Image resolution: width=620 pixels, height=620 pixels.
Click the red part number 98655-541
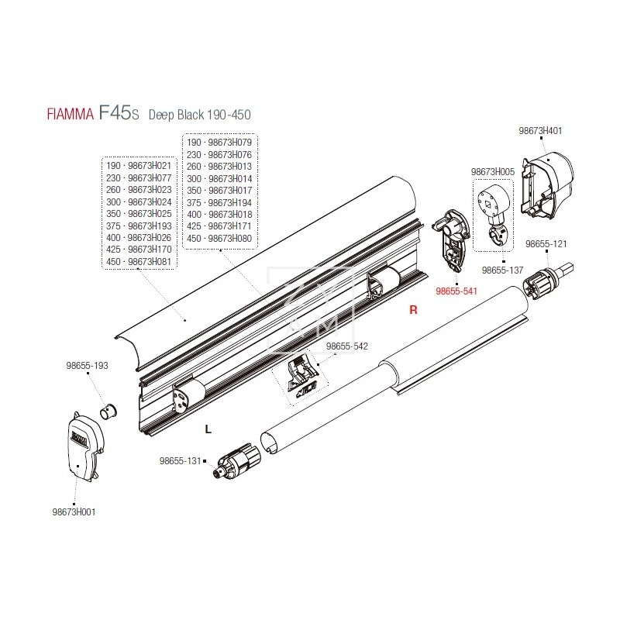coord(458,292)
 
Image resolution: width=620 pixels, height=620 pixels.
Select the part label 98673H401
coord(540,131)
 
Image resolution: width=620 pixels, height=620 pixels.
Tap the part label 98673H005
coord(493,170)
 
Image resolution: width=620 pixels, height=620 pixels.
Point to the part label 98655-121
coord(546,243)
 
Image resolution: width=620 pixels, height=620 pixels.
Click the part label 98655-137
coord(503,270)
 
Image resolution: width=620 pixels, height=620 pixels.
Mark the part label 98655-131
coord(181,460)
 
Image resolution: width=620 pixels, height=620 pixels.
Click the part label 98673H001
coord(74,511)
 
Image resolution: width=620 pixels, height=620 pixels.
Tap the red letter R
coord(413,309)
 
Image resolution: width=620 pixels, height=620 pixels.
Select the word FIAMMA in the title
coord(66,115)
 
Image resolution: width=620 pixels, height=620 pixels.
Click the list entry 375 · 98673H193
coord(140,226)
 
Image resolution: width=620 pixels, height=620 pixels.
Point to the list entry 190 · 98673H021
coord(140,166)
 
